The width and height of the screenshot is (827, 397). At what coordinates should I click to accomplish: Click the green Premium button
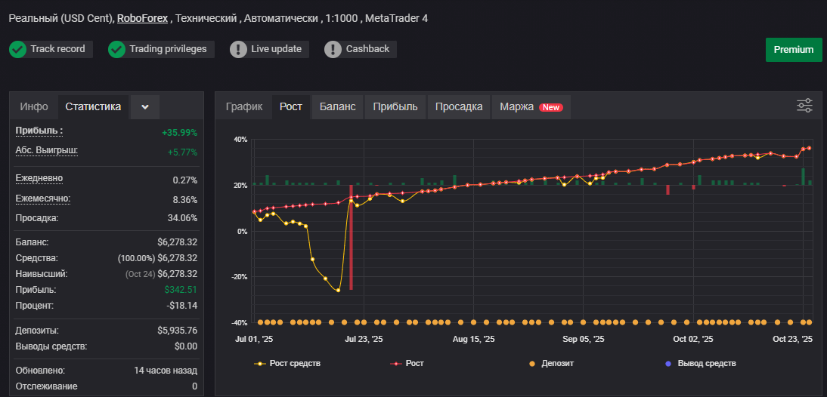794,50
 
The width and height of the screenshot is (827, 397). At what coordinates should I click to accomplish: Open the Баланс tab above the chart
338,107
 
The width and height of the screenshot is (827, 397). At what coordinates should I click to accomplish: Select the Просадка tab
459,107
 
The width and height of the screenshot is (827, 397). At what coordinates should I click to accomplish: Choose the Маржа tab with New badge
531,107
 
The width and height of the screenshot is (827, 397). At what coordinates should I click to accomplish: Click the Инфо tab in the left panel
34,107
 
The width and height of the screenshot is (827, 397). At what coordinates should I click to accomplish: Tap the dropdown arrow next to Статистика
145,107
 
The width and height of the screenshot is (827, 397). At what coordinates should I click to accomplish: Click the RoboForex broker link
142,18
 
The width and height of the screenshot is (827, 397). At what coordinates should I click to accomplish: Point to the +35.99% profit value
180,133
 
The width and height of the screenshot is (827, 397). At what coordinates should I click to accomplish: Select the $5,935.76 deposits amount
177,331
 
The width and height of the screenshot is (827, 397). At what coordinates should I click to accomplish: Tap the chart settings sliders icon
804,106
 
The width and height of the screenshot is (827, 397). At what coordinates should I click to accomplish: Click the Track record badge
51,49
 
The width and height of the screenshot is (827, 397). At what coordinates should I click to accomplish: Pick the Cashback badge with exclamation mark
361,49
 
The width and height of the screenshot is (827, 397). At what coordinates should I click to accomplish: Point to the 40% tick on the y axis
240,140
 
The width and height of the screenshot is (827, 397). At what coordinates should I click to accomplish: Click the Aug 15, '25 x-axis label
474,340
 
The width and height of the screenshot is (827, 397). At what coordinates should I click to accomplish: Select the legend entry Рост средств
287,363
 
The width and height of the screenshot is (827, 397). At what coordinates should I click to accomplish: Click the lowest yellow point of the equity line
338,290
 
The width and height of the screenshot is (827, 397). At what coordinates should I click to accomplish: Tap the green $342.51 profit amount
181,290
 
